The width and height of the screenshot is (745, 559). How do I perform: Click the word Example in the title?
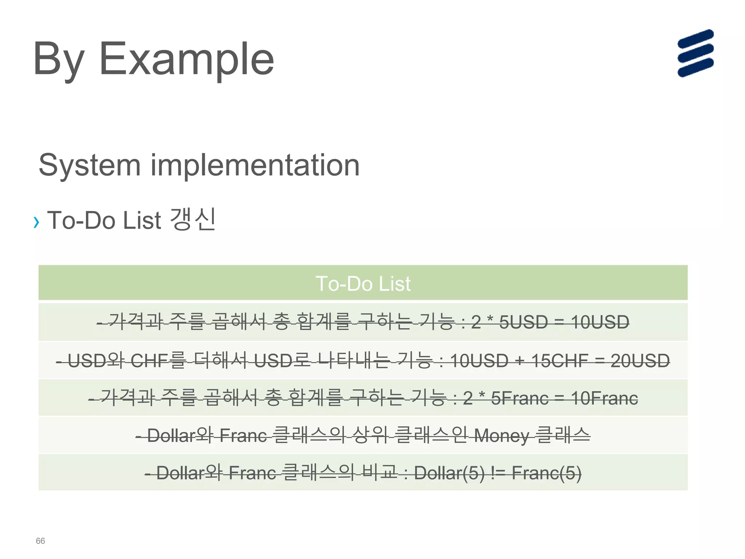[x=186, y=59]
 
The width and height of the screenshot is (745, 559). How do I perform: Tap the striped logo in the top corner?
[x=695, y=53]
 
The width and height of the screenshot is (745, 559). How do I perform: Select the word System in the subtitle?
[x=89, y=166]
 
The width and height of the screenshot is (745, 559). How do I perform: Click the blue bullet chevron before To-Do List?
[x=36, y=222]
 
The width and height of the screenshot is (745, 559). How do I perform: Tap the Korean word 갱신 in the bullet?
[x=193, y=219]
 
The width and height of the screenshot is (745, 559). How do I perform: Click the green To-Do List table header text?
[x=363, y=284]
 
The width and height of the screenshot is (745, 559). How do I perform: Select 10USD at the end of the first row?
[x=600, y=322]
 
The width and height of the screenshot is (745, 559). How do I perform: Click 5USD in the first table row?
[x=523, y=322]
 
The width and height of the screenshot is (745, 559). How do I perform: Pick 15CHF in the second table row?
[x=559, y=361]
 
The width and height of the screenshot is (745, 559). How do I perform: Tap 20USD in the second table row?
[x=640, y=361]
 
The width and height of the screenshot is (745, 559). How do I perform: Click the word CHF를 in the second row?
[x=158, y=361]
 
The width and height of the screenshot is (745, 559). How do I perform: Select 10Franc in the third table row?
[x=604, y=398]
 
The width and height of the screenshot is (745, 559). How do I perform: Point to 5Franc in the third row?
[x=519, y=398]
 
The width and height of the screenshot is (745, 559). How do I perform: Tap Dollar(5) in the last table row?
[x=449, y=473]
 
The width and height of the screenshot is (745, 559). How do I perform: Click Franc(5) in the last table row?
[x=546, y=473]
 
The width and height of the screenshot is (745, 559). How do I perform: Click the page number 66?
[x=40, y=541]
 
